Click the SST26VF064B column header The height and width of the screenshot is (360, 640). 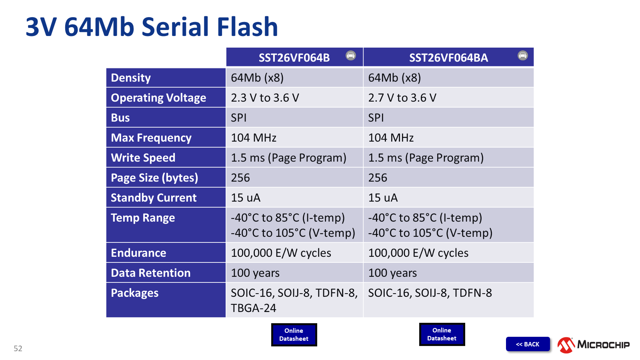point(294,58)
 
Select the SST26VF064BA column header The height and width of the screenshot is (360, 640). point(448,58)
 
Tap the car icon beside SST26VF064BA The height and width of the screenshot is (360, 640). point(522,55)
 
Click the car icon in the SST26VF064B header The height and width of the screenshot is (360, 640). point(350,55)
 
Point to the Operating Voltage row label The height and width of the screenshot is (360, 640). point(158,98)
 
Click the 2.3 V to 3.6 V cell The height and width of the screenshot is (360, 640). point(265,98)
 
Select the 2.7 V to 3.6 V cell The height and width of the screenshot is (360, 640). point(402,98)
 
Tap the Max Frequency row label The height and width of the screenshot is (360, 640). point(151,138)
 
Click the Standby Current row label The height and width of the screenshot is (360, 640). point(154,198)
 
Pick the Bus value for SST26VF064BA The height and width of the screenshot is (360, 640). point(376,118)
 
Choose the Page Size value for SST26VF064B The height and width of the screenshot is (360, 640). point(240,178)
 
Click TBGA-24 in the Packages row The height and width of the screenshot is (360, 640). point(254,308)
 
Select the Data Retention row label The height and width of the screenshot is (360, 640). point(150,273)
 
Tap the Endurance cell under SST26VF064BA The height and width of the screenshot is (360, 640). point(418,253)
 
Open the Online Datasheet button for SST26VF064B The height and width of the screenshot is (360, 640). point(294,334)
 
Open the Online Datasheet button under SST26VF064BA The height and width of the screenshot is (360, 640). point(442,334)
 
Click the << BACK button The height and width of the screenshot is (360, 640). point(528,344)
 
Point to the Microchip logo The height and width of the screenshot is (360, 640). point(594,344)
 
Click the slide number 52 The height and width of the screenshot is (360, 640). point(18,348)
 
